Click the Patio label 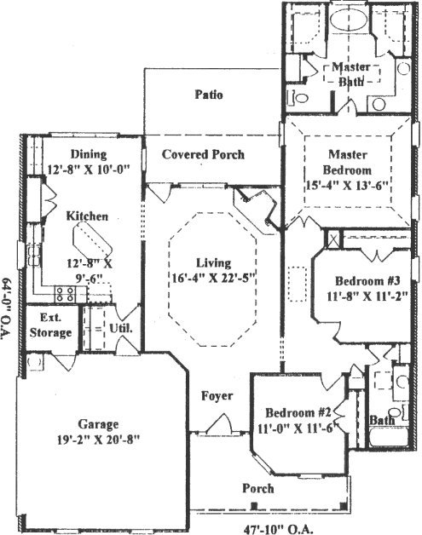pyautogui.click(x=209, y=95)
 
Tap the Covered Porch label pyautogui.click(x=203, y=154)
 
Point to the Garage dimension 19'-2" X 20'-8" pyautogui.click(x=98, y=440)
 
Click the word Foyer pyautogui.click(x=217, y=396)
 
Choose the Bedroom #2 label pyautogui.click(x=298, y=412)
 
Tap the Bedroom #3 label pyautogui.click(x=367, y=281)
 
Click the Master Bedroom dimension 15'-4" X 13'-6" pyautogui.click(x=347, y=187)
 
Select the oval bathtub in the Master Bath pyautogui.click(x=349, y=20)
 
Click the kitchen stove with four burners pyautogui.click(x=65, y=294)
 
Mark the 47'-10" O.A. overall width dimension pyautogui.click(x=278, y=529)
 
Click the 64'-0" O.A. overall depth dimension pyautogui.click(x=7, y=308)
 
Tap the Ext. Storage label pyautogui.click(x=50, y=325)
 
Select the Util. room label pyautogui.click(x=121, y=328)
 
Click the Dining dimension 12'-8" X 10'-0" pyautogui.click(x=89, y=170)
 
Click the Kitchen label pyautogui.click(x=87, y=216)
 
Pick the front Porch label pyautogui.click(x=258, y=488)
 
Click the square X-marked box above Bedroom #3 pyautogui.click(x=333, y=239)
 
